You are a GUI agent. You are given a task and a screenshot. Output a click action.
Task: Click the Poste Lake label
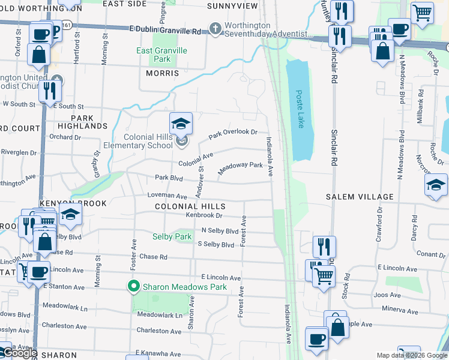tap(300, 109)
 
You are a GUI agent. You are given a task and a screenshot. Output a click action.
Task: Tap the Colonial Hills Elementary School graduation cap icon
tap(181, 124)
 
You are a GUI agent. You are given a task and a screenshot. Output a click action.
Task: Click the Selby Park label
tap(172, 236)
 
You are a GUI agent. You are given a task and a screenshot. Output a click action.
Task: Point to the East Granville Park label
tap(161, 55)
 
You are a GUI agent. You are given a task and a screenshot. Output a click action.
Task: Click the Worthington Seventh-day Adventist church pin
tap(215, 28)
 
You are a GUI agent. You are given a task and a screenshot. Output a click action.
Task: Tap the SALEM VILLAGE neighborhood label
tap(360, 197)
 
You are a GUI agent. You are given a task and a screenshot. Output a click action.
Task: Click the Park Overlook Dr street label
tap(233, 134)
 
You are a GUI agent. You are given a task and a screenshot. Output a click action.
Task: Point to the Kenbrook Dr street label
tap(204, 215)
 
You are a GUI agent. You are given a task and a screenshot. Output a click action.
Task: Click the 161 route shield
tap(67, 25)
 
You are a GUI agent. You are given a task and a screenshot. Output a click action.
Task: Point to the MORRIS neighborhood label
tap(162, 73)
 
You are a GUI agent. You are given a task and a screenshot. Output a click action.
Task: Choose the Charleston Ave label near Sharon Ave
tap(158, 331)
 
